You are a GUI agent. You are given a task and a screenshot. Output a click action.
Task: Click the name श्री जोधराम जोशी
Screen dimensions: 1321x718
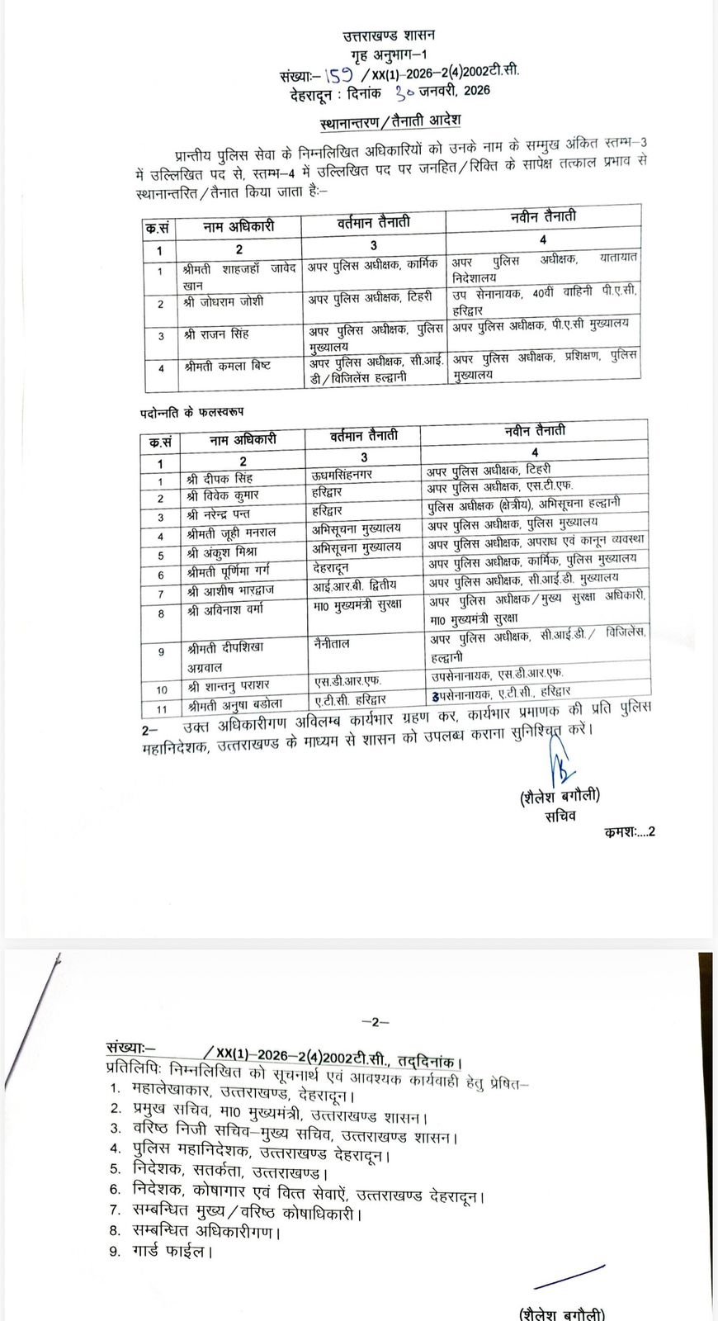(224, 301)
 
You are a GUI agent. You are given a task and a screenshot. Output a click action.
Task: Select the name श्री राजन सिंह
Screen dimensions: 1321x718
(216, 334)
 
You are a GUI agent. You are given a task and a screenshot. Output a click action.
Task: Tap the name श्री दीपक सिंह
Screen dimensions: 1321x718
(220, 479)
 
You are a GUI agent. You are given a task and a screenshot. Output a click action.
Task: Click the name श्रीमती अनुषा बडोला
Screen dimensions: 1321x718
(235, 705)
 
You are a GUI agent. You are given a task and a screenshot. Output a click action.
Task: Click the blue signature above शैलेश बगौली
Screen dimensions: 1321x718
(560, 763)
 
